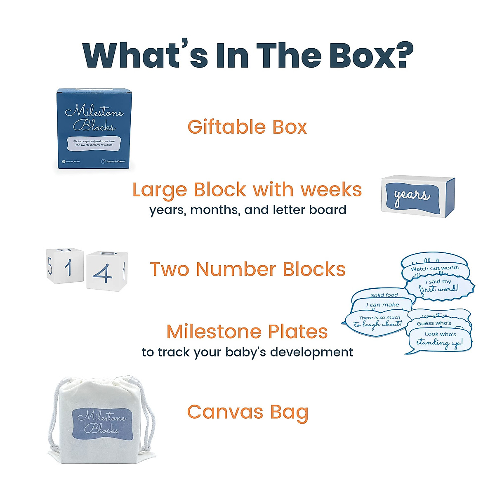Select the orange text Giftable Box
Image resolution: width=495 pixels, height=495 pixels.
(247, 127)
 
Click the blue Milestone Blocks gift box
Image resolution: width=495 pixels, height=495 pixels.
(94, 128)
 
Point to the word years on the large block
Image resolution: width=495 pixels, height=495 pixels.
(412, 196)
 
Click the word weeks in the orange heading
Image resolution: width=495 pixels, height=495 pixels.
(331, 190)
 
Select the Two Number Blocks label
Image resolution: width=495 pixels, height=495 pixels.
(247, 269)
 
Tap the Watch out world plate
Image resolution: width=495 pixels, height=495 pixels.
(435, 268)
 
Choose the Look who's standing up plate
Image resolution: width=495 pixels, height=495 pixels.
(440, 339)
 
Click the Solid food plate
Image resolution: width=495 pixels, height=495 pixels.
(384, 295)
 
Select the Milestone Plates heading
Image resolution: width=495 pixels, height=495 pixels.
(247, 331)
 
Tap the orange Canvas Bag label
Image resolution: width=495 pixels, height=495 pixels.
(247, 412)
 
